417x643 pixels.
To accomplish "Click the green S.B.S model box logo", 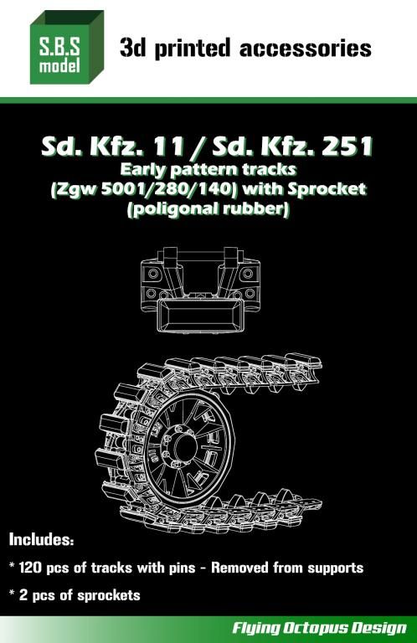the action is pyautogui.click(x=67, y=47).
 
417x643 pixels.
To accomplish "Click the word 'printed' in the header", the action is pyautogui.click(x=193, y=49).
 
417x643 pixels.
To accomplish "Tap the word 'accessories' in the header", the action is pyautogui.click(x=306, y=49).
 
